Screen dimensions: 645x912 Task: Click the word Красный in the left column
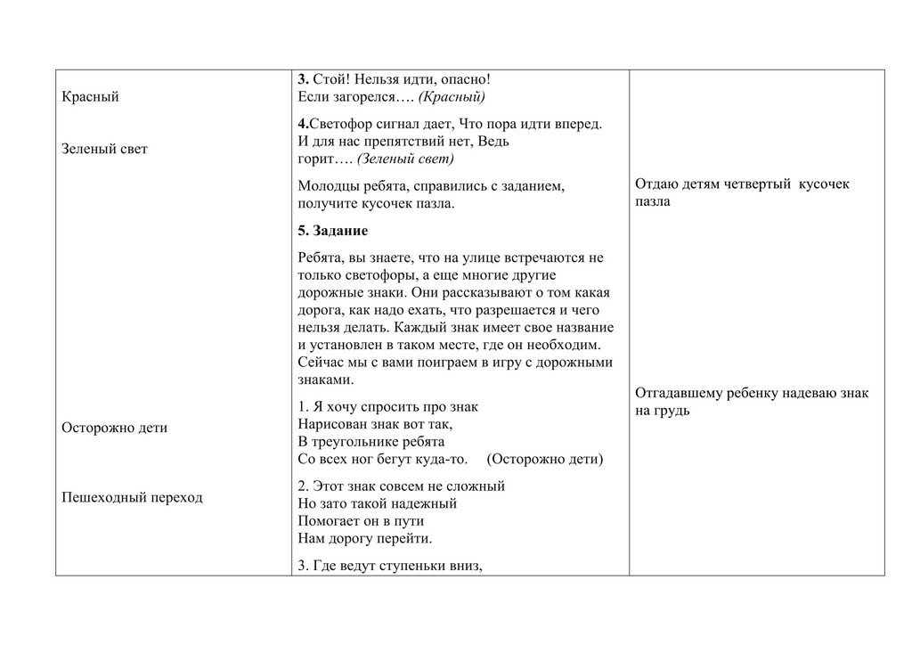pos(90,96)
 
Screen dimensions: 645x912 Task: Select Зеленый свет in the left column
pos(104,149)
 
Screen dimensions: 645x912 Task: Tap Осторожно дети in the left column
pos(114,428)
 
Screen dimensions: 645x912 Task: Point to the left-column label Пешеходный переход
pos(132,497)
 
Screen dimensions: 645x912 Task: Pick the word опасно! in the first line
pos(464,80)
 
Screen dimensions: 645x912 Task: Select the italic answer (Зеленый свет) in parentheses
pos(405,159)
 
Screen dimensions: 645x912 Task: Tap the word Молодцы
pos(327,186)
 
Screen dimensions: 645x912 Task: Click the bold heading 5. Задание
pos(333,231)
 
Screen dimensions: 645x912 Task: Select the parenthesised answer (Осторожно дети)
pos(545,460)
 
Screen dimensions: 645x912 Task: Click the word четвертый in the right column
pos(754,184)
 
